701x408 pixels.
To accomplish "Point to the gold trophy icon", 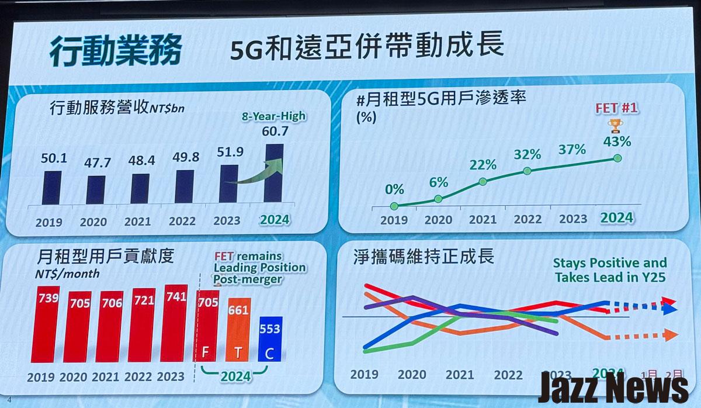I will pos(614,125).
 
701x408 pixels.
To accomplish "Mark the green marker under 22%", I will pos(483,182).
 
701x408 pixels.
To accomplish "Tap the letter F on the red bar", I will pos(206,353).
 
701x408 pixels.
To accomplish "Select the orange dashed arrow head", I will pos(671,335).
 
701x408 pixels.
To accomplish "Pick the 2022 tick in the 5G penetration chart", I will pos(528,219).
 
